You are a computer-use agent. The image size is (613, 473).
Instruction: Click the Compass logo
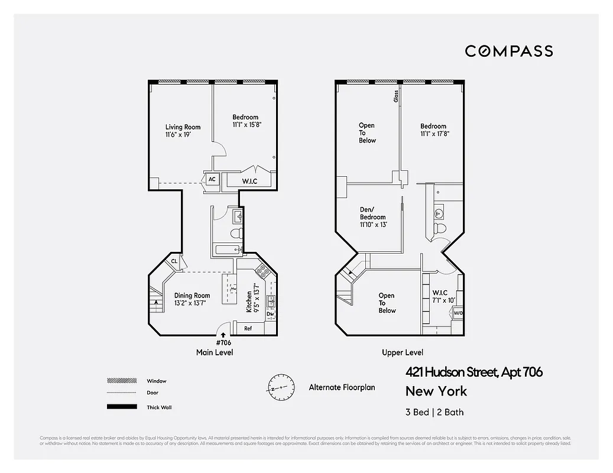[508, 51]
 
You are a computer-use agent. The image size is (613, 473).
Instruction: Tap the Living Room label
[183, 131]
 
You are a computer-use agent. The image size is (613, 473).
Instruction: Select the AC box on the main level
[212, 179]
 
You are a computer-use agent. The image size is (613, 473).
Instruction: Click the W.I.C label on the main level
[249, 181]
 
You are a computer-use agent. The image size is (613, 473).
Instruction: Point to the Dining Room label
[192, 299]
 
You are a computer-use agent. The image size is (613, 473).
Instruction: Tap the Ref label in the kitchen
[248, 328]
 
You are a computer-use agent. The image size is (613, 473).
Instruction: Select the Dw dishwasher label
[270, 315]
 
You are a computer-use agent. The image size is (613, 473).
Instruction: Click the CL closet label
[174, 261]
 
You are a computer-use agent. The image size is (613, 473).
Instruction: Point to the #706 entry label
[223, 343]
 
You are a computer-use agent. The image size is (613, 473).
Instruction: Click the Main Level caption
[215, 352]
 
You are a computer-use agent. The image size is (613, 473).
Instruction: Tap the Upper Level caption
[402, 352]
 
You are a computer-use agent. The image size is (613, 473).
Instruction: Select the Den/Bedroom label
[372, 217]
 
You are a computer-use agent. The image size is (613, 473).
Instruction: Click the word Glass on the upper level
[396, 96]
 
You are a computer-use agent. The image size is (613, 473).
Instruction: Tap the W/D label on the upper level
[458, 313]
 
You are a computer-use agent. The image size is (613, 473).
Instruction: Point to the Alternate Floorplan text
[342, 387]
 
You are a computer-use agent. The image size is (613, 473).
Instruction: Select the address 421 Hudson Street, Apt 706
[473, 372]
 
